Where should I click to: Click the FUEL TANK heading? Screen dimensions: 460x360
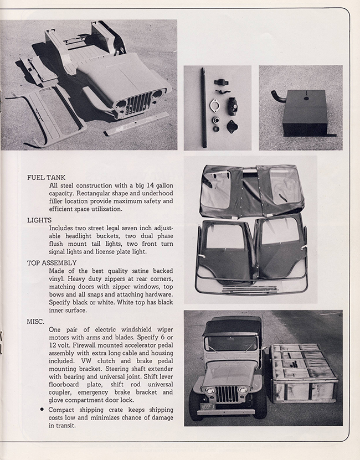coord(47,178)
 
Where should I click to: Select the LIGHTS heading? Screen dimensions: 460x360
coord(39,220)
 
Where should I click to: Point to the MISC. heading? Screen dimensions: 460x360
coord(37,321)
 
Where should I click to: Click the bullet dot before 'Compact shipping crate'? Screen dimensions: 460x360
coord(43,410)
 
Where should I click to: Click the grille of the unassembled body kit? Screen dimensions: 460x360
coord(137,103)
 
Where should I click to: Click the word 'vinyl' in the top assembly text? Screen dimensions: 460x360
coord(58,279)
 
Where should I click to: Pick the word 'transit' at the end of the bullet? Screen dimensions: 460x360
coord(66,426)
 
